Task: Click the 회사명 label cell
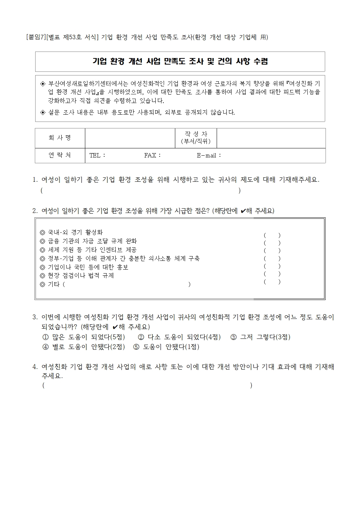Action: (60, 138)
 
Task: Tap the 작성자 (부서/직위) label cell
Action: (196, 138)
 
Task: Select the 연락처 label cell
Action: (60, 155)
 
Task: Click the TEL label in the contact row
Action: (97, 156)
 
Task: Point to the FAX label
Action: (152, 156)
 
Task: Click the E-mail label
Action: (208, 156)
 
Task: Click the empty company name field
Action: (130, 138)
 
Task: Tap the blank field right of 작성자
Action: (271, 138)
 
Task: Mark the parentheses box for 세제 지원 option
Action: (272, 251)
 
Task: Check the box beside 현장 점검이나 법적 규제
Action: (272, 274)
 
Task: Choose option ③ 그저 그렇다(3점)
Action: (260, 337)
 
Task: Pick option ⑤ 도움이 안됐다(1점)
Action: (166, 347)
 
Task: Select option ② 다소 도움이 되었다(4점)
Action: (179, 337)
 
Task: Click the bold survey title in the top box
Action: (180, 62)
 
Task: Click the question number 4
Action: (35, 367)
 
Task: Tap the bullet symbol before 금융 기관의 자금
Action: (42, 241)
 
